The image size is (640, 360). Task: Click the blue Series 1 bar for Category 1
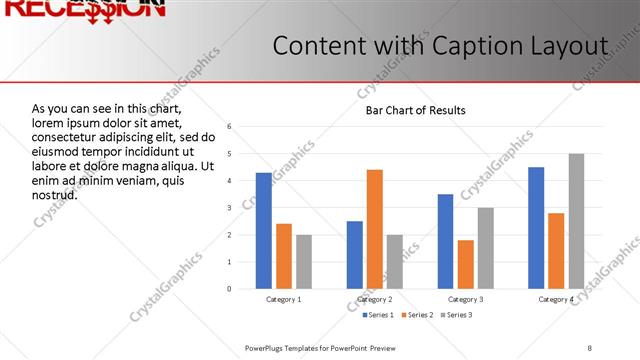pyautogui.click(x=263, y=231)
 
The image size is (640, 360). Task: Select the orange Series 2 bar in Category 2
pyautogui.click(x=375, y=229)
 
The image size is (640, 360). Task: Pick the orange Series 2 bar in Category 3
pyautogui.click(x=465, y=264)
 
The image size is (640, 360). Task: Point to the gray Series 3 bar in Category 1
pyautogui.click(x=303, y=262)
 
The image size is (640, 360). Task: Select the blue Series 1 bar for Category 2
pyautogui.click(x=355, y=255)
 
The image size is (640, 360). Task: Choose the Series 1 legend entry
pyautogui.click(x=377, y=316)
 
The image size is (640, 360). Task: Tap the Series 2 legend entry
pyautogui.click(x=418, y=316)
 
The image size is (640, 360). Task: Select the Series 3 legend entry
pyautogui.click(x=458, y=316)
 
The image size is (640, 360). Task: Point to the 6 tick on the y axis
pyautogui.click(x=229, y=127)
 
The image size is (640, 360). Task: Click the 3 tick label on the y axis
pyautogui.click(x=229, y=208)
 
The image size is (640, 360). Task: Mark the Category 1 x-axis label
pyautogui.click(x=283, y=299)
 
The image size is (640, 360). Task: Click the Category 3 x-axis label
pyautogui.click(x=465, y=299)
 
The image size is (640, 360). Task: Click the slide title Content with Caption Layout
pyautogui.click(x=440, y=47)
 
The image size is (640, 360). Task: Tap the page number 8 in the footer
pyautogui.click(x=590, y=347)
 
